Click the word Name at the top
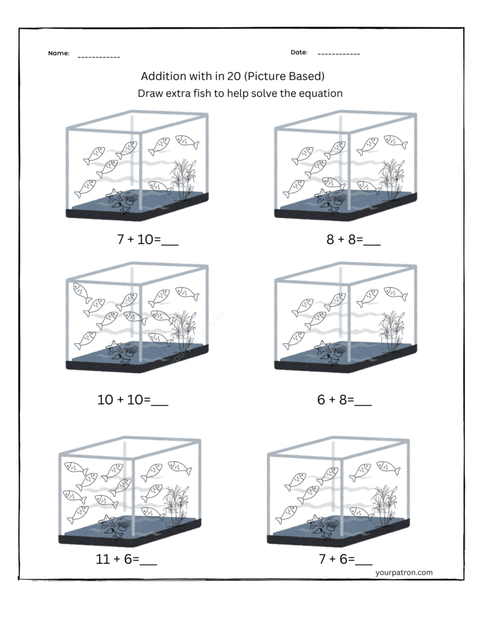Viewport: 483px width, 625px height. (59, 54)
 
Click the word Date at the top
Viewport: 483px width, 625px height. (299, 52)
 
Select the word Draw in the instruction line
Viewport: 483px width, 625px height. (150, 93)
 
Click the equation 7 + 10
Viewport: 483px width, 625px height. (138, 240)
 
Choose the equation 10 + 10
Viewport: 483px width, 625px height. (124, 400)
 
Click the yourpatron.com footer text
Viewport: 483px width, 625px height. (404, 573)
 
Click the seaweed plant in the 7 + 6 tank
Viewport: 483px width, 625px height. (383, 503)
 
